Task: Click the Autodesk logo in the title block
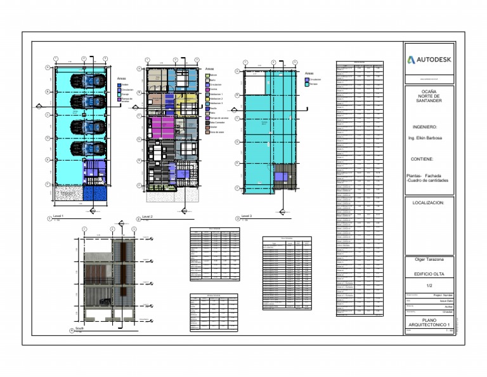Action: coord(429,60)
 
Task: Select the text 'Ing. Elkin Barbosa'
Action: coord(425,138)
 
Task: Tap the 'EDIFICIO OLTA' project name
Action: coord(429,274)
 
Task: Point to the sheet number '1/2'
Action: coord(429,286)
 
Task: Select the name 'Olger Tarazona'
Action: coord(429,260)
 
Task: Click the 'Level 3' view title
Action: coord(247,216)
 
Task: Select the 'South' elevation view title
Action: coord(80,329)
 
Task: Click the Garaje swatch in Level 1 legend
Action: coord(119,94)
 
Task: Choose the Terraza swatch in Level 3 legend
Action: coord(307,84)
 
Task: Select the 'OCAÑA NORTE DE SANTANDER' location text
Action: coord(429,96)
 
